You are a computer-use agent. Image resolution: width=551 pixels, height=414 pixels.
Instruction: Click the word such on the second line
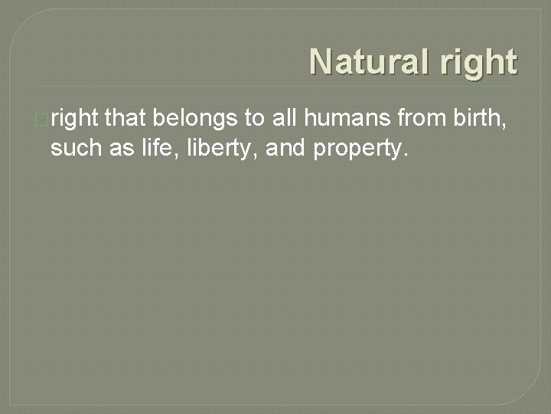74,148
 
